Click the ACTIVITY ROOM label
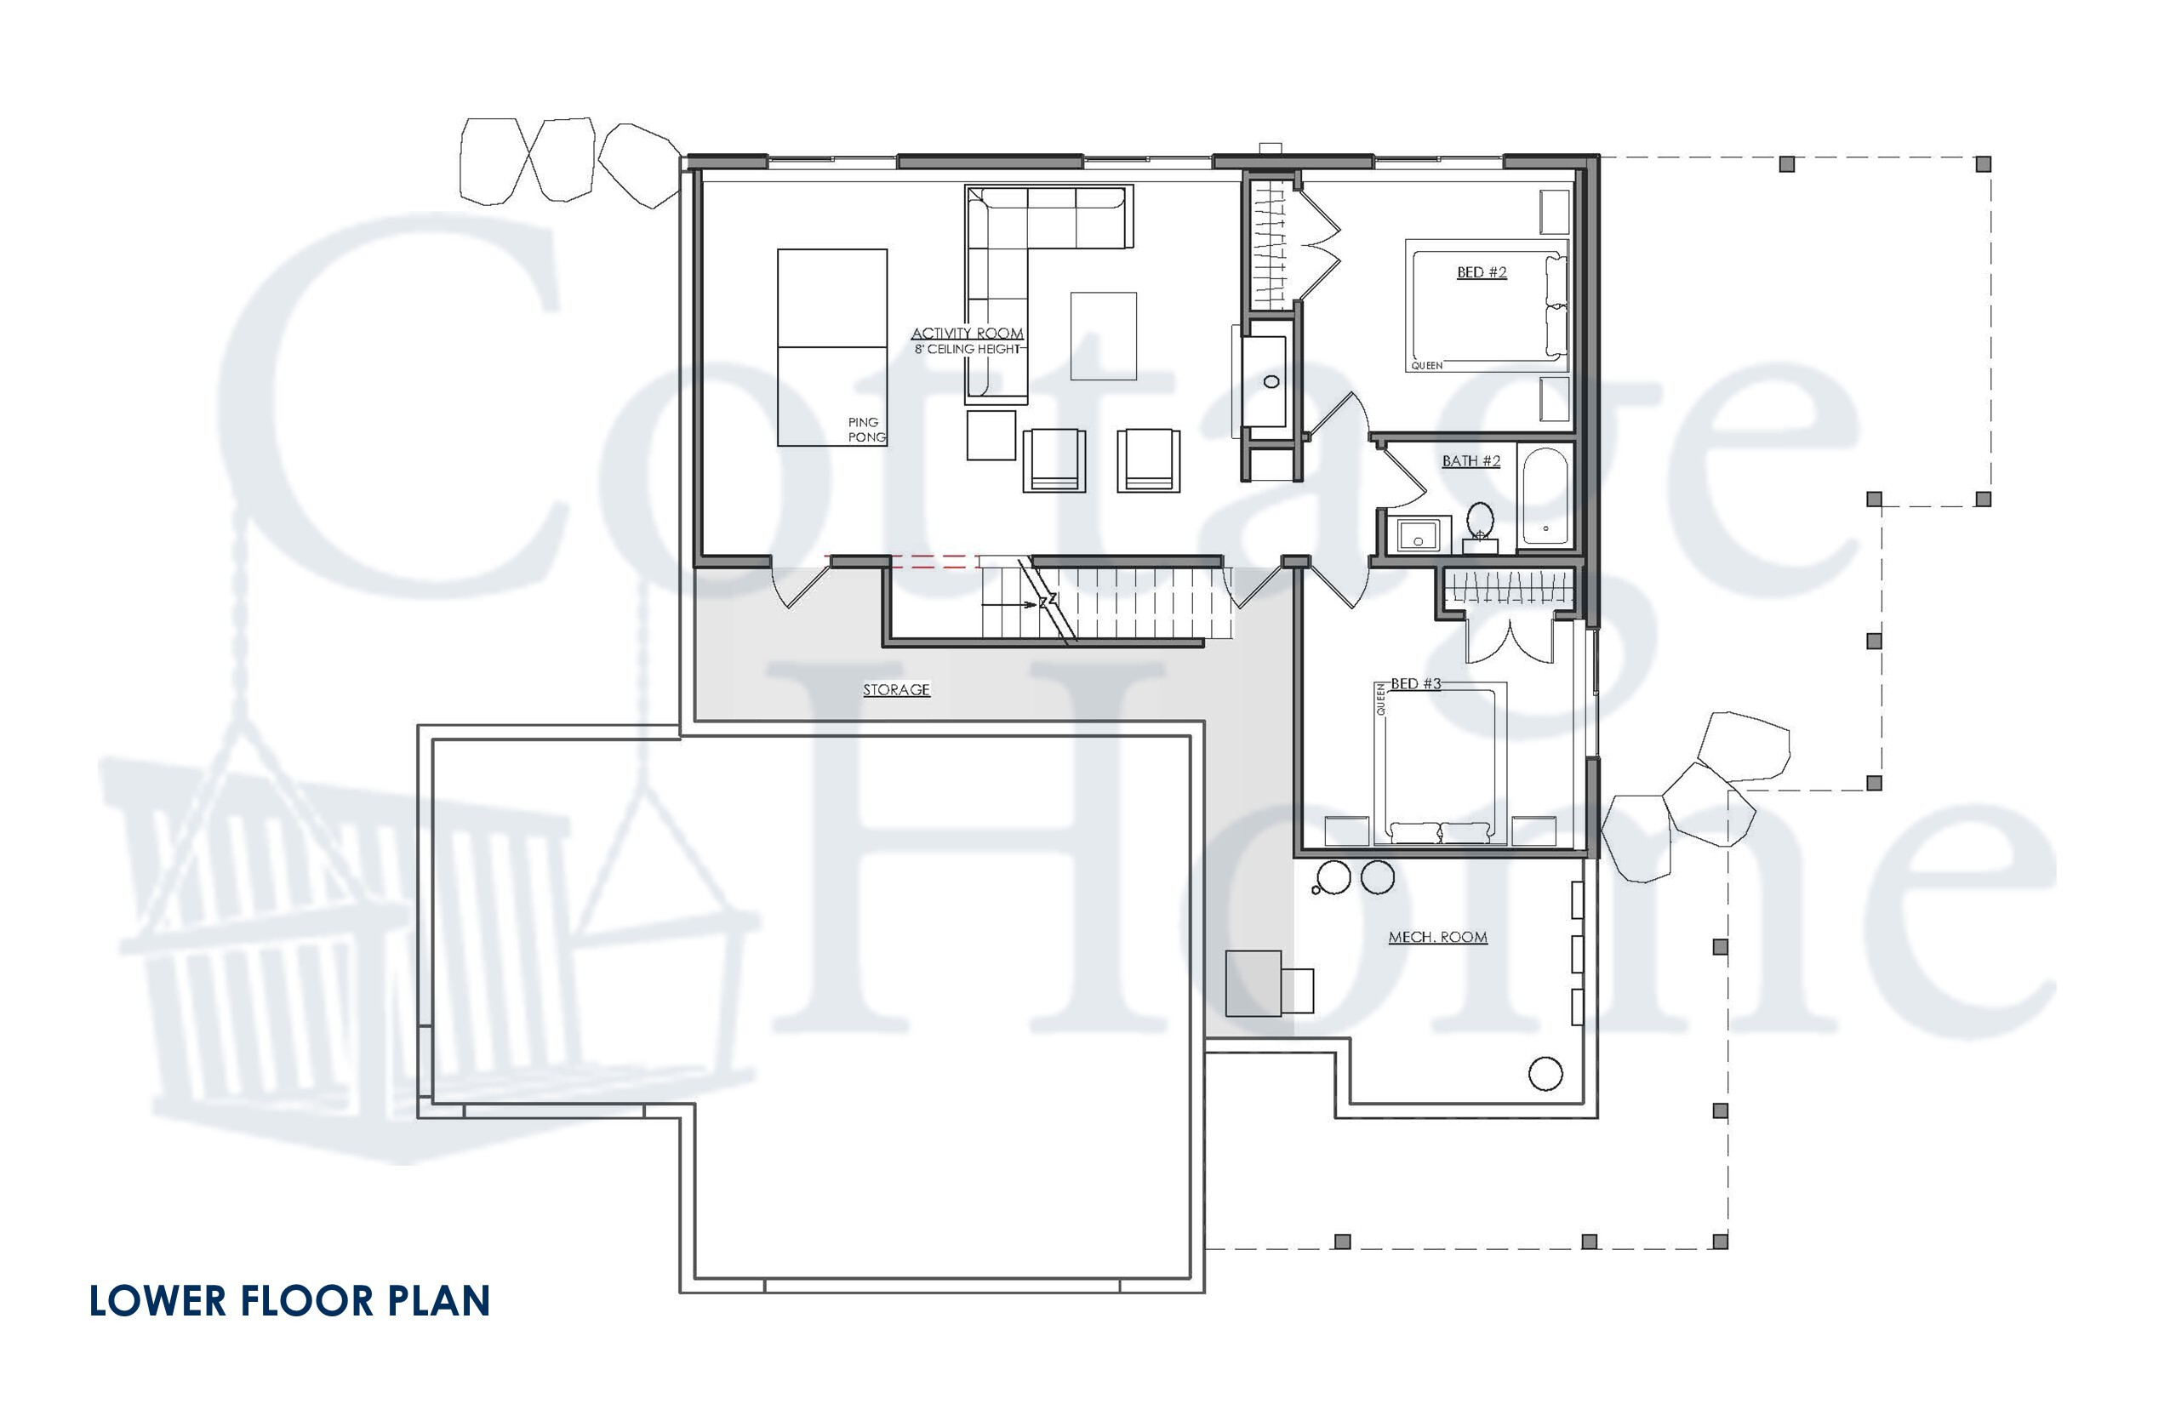coord(967,334)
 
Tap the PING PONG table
coord(831,347)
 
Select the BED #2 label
coord(1481,272)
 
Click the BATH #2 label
coord(1470,461)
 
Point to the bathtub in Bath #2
coord(1545,497)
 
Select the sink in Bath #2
coord(1417,535)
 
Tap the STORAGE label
coord(896,690)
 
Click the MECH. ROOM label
coord(1437,937)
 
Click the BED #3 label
coord(1415,684)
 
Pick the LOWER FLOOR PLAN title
coord(290,1301)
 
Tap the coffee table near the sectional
coord(1103,335)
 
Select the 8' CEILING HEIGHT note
coord(968,349)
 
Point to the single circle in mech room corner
coord(1545,1074)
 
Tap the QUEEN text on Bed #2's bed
coord(1427,366)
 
